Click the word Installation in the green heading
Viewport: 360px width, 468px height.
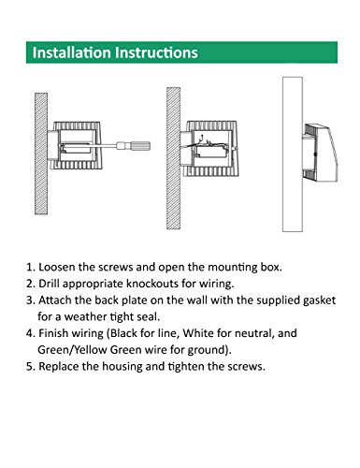coord(72,52)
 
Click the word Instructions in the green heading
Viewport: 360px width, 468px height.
coord(156,52)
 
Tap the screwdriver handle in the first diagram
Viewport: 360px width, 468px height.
coord(134,145)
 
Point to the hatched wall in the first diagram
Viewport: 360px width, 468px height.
coord(41,154)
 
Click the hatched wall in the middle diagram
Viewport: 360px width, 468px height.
coord(173,158)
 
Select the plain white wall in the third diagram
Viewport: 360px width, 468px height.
coord(293,154)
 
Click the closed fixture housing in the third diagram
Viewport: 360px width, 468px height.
coord(320,153)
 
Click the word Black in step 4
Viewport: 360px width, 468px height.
coord(124,333)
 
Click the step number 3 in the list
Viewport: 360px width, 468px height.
coord(30,300)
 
